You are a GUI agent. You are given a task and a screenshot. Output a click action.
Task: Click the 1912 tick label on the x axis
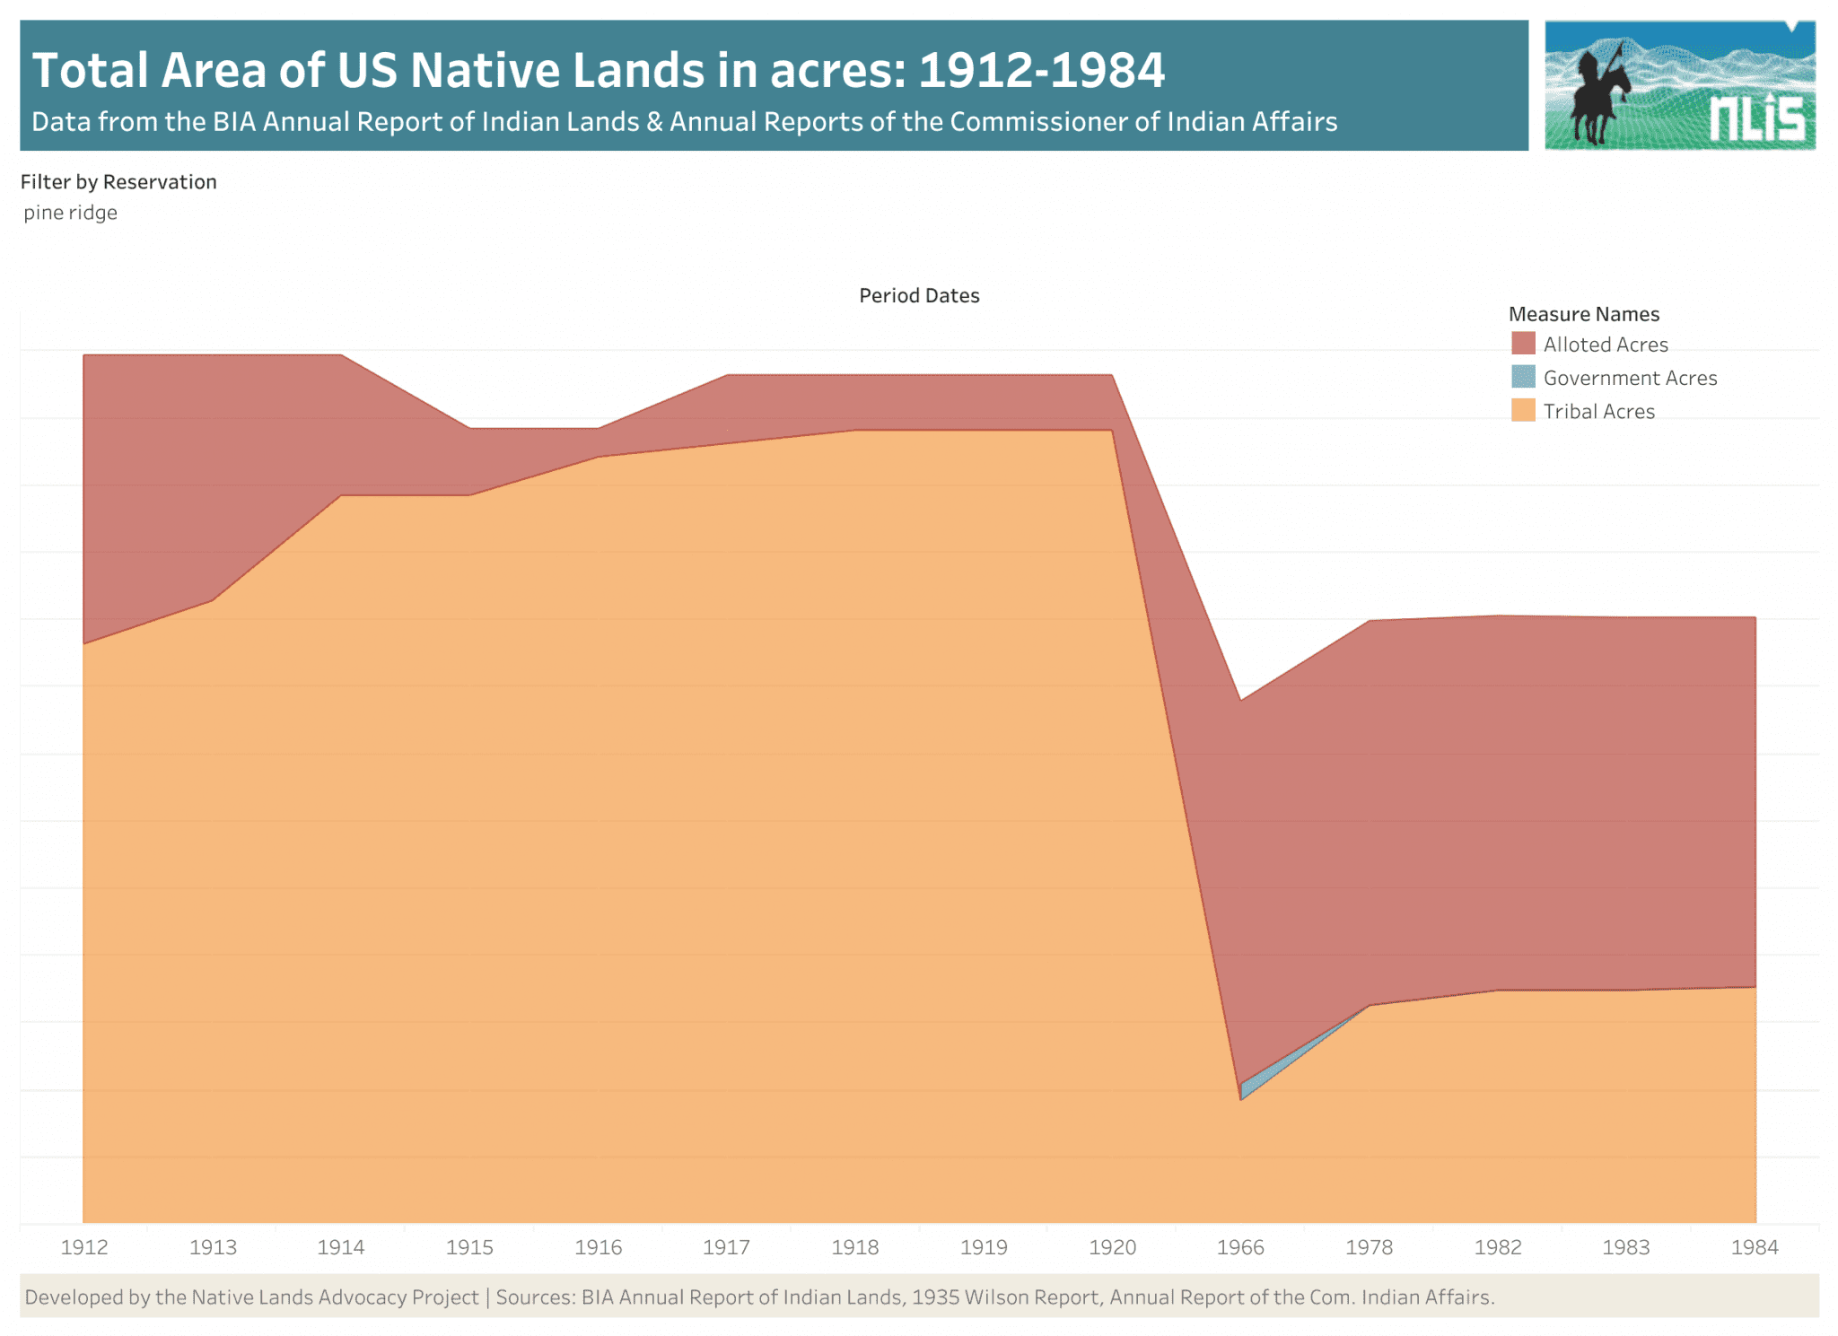coord(84,1247)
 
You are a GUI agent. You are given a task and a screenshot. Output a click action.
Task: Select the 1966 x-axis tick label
coord(1240,1247)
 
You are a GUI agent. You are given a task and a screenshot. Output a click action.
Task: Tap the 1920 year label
coord(1112,1247)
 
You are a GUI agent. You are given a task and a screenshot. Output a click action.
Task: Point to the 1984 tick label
coord(1755,1247)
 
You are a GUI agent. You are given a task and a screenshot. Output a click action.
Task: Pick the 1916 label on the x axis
coord(598,1247)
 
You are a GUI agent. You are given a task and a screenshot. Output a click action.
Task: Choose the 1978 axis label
coord(1369,1247)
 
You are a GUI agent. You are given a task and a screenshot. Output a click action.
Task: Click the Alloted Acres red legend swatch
coord(1523,344)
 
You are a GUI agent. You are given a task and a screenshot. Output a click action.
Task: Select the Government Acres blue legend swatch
coord(1523,377)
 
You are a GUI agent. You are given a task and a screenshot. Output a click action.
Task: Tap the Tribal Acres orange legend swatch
coord(1523,411)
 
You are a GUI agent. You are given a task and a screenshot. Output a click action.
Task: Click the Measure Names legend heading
coord(1583,314)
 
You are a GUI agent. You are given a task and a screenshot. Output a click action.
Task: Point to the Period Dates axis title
coord(919,296)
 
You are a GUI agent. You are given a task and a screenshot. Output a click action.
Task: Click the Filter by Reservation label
coord(118,182)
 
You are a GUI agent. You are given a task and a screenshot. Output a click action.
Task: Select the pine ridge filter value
coord(71,213)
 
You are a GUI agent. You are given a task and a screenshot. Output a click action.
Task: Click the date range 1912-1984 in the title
coord(1042,70)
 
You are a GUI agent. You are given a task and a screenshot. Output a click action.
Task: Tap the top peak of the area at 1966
coord(1240,701)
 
